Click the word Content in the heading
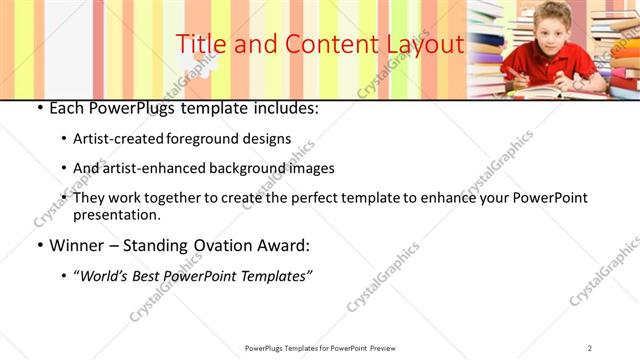[331, 45]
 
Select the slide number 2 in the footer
[591, 347]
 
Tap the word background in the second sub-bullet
[251, 168]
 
